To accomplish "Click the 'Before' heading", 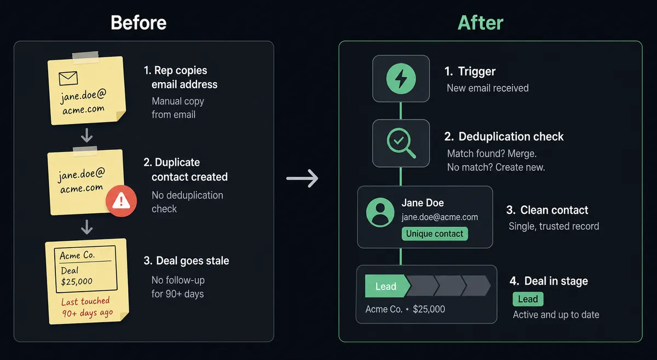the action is click(x=139, y=22).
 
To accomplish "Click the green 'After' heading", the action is click(x=481, y=22).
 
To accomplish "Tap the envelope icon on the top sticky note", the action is click(x=68, y=78).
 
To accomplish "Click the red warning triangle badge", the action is click(x=121, y=201).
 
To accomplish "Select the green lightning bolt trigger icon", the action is click(x=401, y=79).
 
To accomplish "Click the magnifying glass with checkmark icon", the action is click(x=401, y=143).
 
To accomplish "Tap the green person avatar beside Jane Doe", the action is click(x=380, y=212).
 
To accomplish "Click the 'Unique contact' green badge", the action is click(x=435, y=234).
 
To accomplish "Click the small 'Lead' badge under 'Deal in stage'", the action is click(x=528, y=299).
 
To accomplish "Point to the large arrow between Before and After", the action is click(x=302, y=178).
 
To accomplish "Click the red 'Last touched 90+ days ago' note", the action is click(x=87, y=307).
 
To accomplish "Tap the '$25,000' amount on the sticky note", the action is click(x=77, y=282).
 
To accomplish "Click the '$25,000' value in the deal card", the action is click(x=429, y=309).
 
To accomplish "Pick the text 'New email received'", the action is click(x=487, y=88).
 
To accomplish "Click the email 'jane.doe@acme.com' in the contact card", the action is click(x=440, y=217).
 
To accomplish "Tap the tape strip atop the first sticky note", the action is click(x=85, y=57).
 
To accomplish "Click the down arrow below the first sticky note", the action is click(x=87, y=135).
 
